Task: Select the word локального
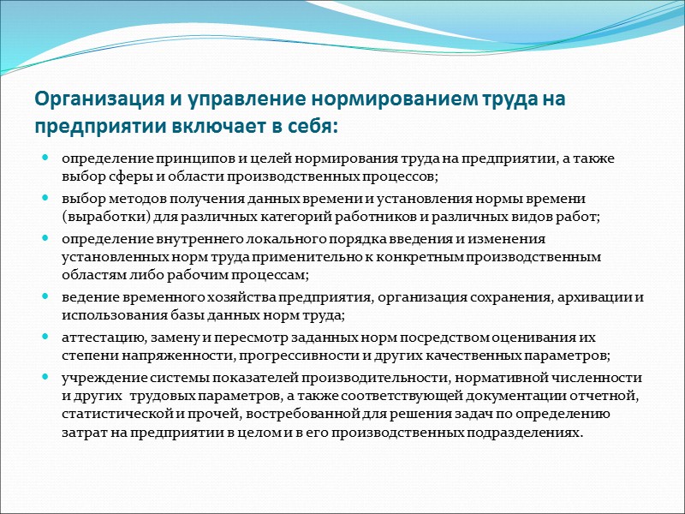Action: (273, 238)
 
